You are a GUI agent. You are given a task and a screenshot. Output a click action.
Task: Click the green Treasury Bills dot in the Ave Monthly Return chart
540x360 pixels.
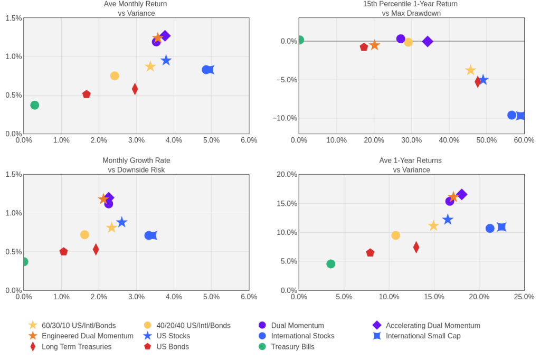tap(35, 105)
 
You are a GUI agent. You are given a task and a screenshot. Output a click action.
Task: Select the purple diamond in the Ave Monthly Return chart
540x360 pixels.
tap(165, 36)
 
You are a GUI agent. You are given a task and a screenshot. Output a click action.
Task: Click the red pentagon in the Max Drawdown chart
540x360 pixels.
tap(364, 47)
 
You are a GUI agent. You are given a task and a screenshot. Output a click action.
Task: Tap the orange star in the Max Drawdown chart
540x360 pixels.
tap(374, 45)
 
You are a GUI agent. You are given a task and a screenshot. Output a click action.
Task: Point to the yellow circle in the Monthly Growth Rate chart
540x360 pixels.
tap(84, 235)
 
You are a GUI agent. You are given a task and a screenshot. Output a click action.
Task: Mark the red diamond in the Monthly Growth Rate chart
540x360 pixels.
tap(96, 249)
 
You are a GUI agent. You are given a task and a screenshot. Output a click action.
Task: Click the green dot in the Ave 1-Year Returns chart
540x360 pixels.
tap(331, 264)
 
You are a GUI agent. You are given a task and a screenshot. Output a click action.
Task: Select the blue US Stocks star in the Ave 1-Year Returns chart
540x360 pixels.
tap(448, 220)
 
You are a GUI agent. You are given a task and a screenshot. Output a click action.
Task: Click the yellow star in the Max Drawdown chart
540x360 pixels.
tap(470, 70)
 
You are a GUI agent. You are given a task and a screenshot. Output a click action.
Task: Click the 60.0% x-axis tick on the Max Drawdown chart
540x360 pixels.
tap(524, 140)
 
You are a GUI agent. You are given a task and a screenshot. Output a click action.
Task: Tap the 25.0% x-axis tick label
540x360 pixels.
tap(524, 297)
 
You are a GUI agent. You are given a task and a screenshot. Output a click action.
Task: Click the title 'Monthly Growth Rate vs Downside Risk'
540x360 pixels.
tap(136, 165)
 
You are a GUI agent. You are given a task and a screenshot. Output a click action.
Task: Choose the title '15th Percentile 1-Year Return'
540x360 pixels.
tap(411, 4)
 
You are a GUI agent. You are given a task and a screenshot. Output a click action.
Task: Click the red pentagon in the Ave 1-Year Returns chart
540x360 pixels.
tap(370, 253)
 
